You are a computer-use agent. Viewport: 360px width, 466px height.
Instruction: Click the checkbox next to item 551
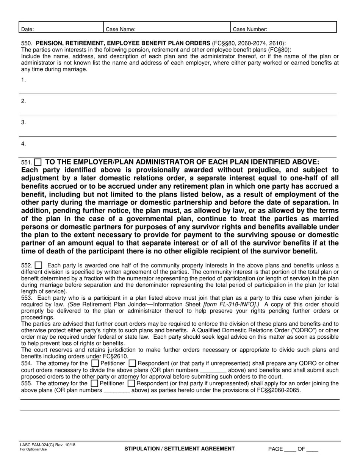(x=38, y=162)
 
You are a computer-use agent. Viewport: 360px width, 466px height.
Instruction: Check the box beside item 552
(x=38, y=266)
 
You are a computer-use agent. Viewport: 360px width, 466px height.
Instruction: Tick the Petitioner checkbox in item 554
(x=95, y=363)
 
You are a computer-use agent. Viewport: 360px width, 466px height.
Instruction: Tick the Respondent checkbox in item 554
(x=132, y=363)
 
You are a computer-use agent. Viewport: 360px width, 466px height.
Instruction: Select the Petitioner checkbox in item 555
(x=94, y=383)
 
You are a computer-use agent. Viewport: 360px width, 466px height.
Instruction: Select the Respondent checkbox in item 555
(x=131, y=383)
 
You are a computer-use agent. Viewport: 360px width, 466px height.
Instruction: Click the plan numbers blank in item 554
(x=213, y=370)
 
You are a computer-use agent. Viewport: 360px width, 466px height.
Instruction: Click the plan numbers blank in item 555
(x=117, y=390)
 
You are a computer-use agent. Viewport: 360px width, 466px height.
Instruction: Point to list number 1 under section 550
(x=23, y=80)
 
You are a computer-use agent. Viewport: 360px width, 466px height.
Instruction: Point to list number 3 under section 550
(x=23, y=122)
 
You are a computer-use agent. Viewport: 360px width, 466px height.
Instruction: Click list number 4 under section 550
(x=23, y=144)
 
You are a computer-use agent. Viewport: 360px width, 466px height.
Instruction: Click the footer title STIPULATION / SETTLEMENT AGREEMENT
(x=180, y=449)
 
